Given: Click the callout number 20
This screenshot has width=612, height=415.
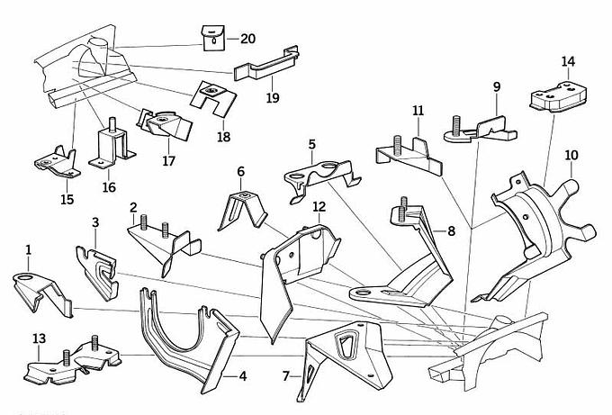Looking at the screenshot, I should tap(247, 39).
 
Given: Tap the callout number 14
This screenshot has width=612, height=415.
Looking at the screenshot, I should tap(568, 61).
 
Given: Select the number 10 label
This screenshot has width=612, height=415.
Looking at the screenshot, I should tap(571, 155).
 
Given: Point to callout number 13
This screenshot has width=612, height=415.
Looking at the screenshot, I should tap(38, 338).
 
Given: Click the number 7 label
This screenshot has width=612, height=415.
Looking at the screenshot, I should tap(286, 374).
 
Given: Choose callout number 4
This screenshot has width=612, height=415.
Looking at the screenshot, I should tap(242, 375).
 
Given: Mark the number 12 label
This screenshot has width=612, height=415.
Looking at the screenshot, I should tap(319, 206).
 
